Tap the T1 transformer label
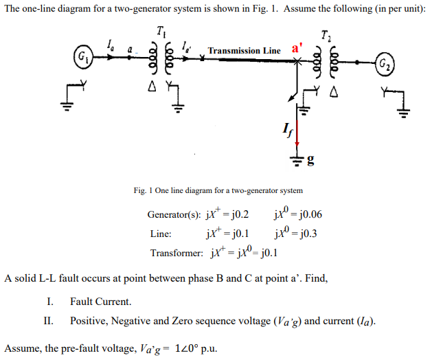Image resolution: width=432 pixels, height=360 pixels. pos(161,31)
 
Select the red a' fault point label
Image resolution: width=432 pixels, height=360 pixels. pos(296,49)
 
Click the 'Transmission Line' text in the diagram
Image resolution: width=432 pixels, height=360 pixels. pos(244,51)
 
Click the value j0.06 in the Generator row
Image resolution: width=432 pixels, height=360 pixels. pos(306,214)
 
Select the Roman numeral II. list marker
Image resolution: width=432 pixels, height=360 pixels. pos(48,321)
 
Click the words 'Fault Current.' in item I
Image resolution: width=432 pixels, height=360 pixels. pos(101,302)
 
